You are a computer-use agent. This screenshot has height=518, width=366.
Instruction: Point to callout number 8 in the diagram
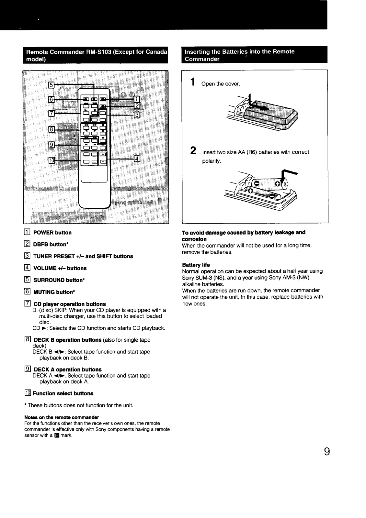(x=51, y=129)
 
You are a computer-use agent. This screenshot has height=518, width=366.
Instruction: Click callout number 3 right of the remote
(x=137, y=114)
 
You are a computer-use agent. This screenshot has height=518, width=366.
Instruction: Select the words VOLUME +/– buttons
(x=60, y=268)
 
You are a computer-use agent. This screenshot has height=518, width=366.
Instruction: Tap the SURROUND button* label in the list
(x=59, y=280)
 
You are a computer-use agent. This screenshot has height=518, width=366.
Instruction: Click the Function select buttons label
(x=63, y=393)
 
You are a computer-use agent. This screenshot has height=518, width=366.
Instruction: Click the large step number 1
(x=193, y=82)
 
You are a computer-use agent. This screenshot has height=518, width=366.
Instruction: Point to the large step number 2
(x=193, y=151)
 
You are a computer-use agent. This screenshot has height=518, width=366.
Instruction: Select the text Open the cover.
(x=221, y=84)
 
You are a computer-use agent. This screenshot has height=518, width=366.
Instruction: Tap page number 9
(x=327, y=451)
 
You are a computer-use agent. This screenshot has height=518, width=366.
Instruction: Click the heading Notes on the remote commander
(x=62, y=417)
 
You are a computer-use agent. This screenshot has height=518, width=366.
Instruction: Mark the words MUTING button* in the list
(x=54, y=292)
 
